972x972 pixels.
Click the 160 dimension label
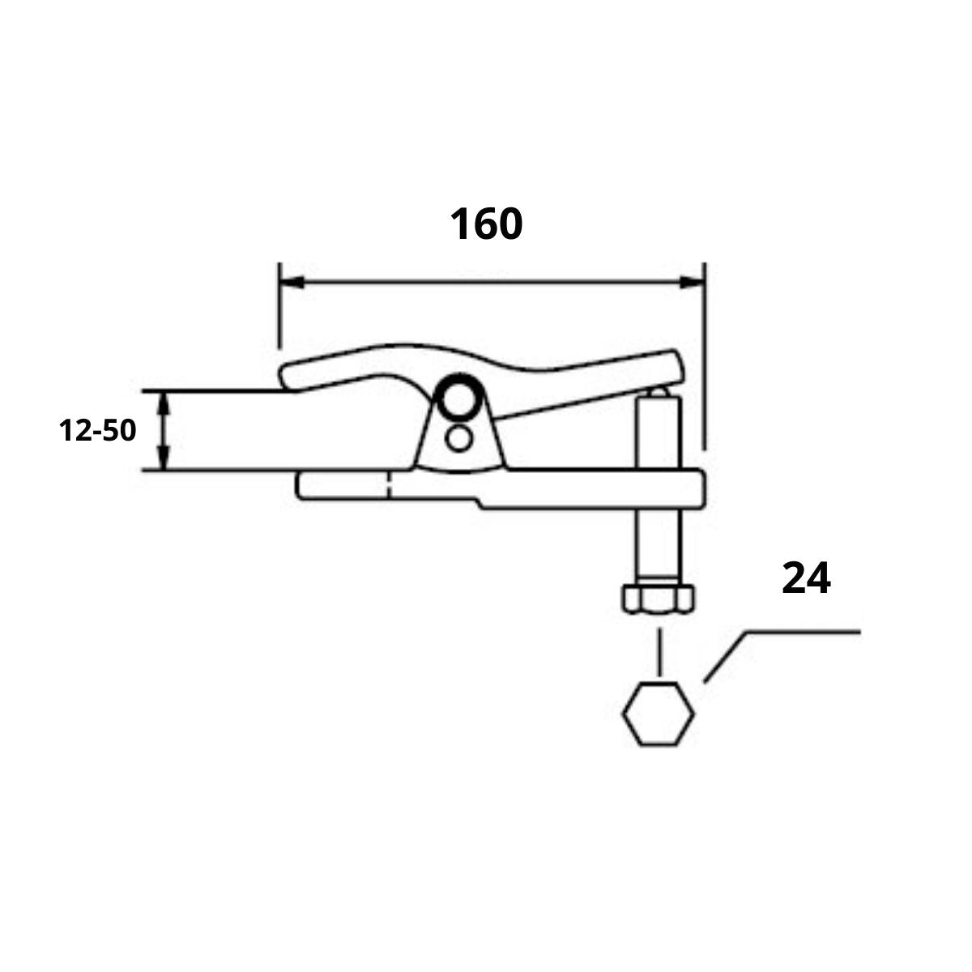(x=486, y=224)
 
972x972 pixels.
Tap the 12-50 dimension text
(x=97, y=431)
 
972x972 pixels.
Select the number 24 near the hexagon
(x=806, y=579)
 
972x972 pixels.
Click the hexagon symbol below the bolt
(x=658, y=714)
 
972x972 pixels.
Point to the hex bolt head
(x=658, y=599)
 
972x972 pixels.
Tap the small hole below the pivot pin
(x=459, y=438)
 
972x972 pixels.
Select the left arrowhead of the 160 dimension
(x=290, y=283)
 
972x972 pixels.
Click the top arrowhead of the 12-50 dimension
(x=165, y=400)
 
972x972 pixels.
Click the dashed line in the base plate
(x=390, y=486)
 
